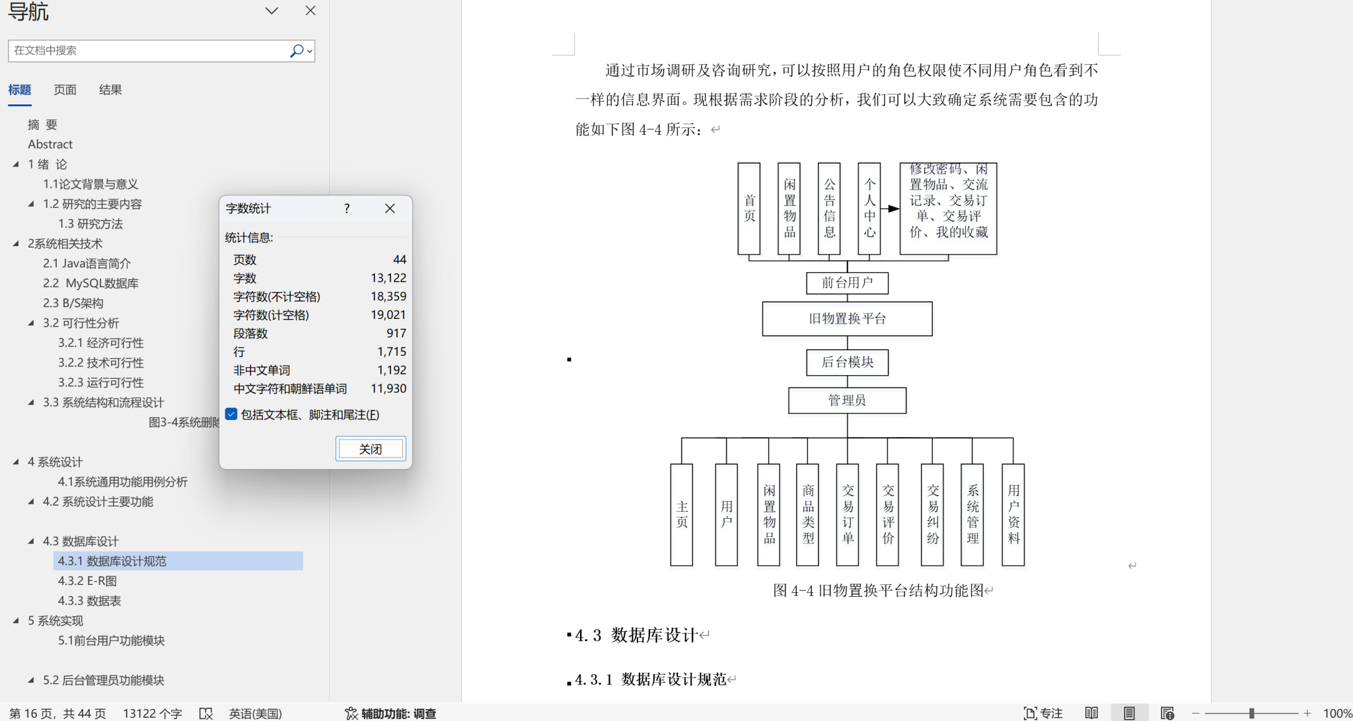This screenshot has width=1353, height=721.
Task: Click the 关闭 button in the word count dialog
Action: coord(370,449)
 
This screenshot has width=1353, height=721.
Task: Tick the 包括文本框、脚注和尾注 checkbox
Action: coord(231,414)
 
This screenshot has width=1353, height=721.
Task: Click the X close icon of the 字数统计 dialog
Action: coord(390,209)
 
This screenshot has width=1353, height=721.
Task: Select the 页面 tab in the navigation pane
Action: coord(65,90)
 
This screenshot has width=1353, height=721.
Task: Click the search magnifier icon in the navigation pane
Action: coord(297,51)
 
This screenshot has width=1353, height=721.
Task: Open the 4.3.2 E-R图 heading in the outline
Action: coord(87,581)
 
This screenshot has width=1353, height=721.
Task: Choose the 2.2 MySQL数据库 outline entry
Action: coord(91,283)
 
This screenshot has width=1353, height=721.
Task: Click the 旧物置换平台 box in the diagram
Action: coord(847,319)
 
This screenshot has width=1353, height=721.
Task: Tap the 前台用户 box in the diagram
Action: coord(847,283)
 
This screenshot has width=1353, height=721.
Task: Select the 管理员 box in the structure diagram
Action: coord(847,400)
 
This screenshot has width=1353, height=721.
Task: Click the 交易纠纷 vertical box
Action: coord(932,514)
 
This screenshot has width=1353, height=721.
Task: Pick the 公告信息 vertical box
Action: coord(829,209)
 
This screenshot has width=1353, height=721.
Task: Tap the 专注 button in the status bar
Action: coord(1043,713)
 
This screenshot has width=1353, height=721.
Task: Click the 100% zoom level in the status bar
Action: coord(1337,713)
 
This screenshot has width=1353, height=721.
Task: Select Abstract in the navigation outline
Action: coord(50,144)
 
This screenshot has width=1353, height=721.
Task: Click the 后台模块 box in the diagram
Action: coord(847,362)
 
